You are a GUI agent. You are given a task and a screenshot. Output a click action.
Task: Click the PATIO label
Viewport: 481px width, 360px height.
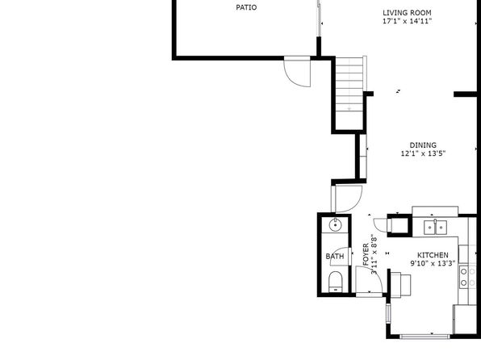tap(246, 7)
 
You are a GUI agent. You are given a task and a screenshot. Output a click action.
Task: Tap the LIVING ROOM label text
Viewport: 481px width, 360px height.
tap(407, 13)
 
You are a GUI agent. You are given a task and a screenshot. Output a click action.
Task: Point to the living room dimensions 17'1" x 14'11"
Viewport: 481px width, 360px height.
tap(407, 21)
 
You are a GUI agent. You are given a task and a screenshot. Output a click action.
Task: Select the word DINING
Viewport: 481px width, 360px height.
tap(423, 144)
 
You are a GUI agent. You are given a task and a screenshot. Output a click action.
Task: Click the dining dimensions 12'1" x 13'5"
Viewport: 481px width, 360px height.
tap(423, 153)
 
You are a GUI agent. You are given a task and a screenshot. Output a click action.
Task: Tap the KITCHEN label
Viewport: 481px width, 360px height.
tap(433, 255)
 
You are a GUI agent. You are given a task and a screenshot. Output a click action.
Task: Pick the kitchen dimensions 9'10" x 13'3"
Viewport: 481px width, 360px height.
tap(433, 263)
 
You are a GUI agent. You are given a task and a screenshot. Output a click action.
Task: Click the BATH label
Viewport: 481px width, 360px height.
tap(335, 256)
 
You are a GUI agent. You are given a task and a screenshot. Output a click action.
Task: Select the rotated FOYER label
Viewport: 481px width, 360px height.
tap(366, 254)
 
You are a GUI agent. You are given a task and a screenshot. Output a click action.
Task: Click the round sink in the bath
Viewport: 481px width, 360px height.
tap(335, 225)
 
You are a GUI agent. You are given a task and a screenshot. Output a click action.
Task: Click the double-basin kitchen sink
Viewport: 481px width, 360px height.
tap(435, 228)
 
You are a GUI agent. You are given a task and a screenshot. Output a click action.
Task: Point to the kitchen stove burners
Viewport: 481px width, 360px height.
tap(467, 277)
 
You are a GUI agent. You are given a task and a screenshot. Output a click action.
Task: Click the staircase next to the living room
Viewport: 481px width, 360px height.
tap(349, 94)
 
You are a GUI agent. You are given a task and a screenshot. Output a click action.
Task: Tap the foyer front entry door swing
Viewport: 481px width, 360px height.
tap(369, 279)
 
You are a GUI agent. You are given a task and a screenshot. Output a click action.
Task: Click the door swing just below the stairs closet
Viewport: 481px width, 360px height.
tap(349, 199)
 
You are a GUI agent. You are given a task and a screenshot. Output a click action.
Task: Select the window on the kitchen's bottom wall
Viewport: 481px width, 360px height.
tap(425, 337)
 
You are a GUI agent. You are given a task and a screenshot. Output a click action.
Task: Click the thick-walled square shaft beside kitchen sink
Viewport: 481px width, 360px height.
tap(399, 225)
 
